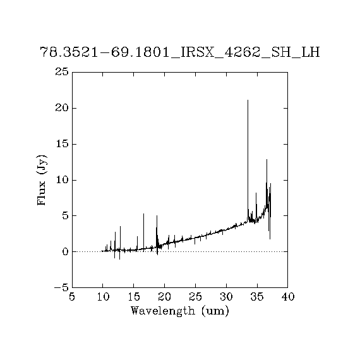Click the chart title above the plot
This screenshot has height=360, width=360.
pos(180,52)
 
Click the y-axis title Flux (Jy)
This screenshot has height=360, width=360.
pos(42,180)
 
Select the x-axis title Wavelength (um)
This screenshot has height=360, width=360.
pos(180,311)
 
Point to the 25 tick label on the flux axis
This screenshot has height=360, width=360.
pos(62,72)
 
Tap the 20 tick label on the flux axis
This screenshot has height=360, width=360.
pos(62,108)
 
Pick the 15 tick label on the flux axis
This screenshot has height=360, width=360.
pos(62,144)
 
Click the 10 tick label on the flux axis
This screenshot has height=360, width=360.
pos(62,180)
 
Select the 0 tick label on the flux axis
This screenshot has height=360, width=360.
pos(66,251)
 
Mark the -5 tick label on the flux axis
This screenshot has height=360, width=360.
pos(61,287)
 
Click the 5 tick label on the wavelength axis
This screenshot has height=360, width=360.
pos(72,297)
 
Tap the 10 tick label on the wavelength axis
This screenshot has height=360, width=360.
pos(103,297)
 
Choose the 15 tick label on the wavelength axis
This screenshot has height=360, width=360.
pos(134,297)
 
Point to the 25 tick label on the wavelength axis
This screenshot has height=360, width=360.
pos(195,297)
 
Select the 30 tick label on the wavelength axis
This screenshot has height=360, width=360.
pos(226,297)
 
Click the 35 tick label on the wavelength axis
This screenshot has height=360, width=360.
pos(257,297)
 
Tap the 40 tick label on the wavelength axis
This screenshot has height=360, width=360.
pos(288,297)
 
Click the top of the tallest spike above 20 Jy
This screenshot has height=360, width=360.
pos(248,100)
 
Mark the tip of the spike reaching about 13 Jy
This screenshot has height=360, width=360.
pos(267,159)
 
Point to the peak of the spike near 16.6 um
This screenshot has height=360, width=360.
pos(143,213)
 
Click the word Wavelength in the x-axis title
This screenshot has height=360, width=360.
pos(163,311)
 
